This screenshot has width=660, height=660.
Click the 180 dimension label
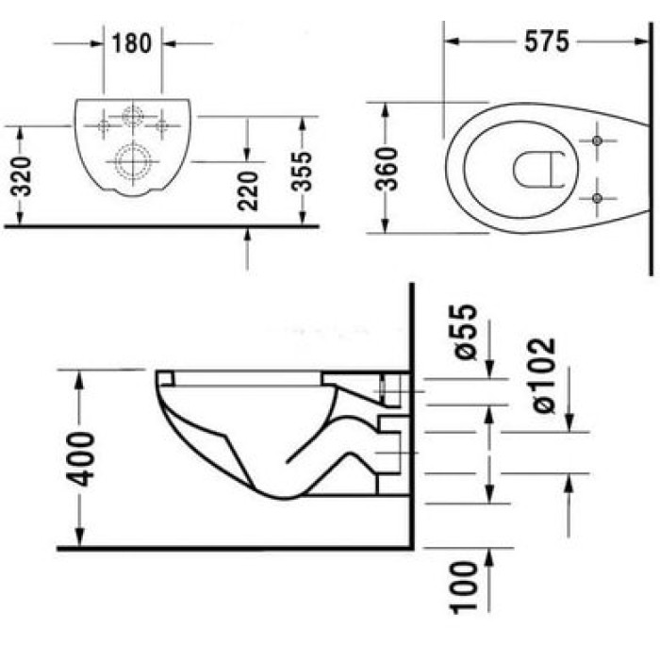131,43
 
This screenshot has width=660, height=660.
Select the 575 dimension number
546,41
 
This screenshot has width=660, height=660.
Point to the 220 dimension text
247,190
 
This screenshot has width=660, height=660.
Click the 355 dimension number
302,172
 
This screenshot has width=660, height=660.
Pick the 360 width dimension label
387,169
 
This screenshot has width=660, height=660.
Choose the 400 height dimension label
80,459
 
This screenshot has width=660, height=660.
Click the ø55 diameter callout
466,332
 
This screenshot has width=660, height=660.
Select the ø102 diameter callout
544,376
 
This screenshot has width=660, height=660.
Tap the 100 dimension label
464,587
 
